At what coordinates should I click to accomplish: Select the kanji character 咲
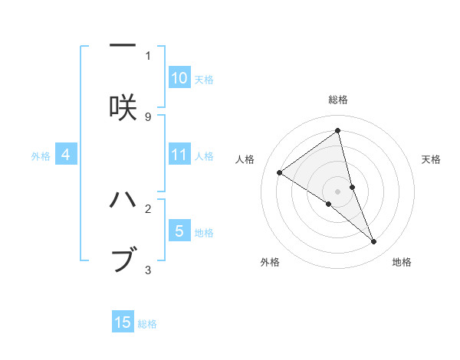123,108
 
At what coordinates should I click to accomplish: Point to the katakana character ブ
123,260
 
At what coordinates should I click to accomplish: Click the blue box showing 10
179,78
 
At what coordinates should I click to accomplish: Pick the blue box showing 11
179,155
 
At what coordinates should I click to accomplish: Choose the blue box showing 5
179,231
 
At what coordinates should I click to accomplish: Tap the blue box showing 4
66,155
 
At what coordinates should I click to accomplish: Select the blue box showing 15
123,323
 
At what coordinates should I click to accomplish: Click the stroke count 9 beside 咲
148,116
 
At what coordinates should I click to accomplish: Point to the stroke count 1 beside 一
148,55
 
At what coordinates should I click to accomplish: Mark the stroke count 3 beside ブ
148,270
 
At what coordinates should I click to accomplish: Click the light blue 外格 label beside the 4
41,156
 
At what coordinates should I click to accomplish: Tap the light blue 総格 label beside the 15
147,324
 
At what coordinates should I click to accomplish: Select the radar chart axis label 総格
338,100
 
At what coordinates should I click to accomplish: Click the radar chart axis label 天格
432,159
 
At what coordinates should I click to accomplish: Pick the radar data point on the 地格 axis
374,242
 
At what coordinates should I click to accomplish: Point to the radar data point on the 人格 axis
280,173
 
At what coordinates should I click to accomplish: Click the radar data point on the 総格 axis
338,131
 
